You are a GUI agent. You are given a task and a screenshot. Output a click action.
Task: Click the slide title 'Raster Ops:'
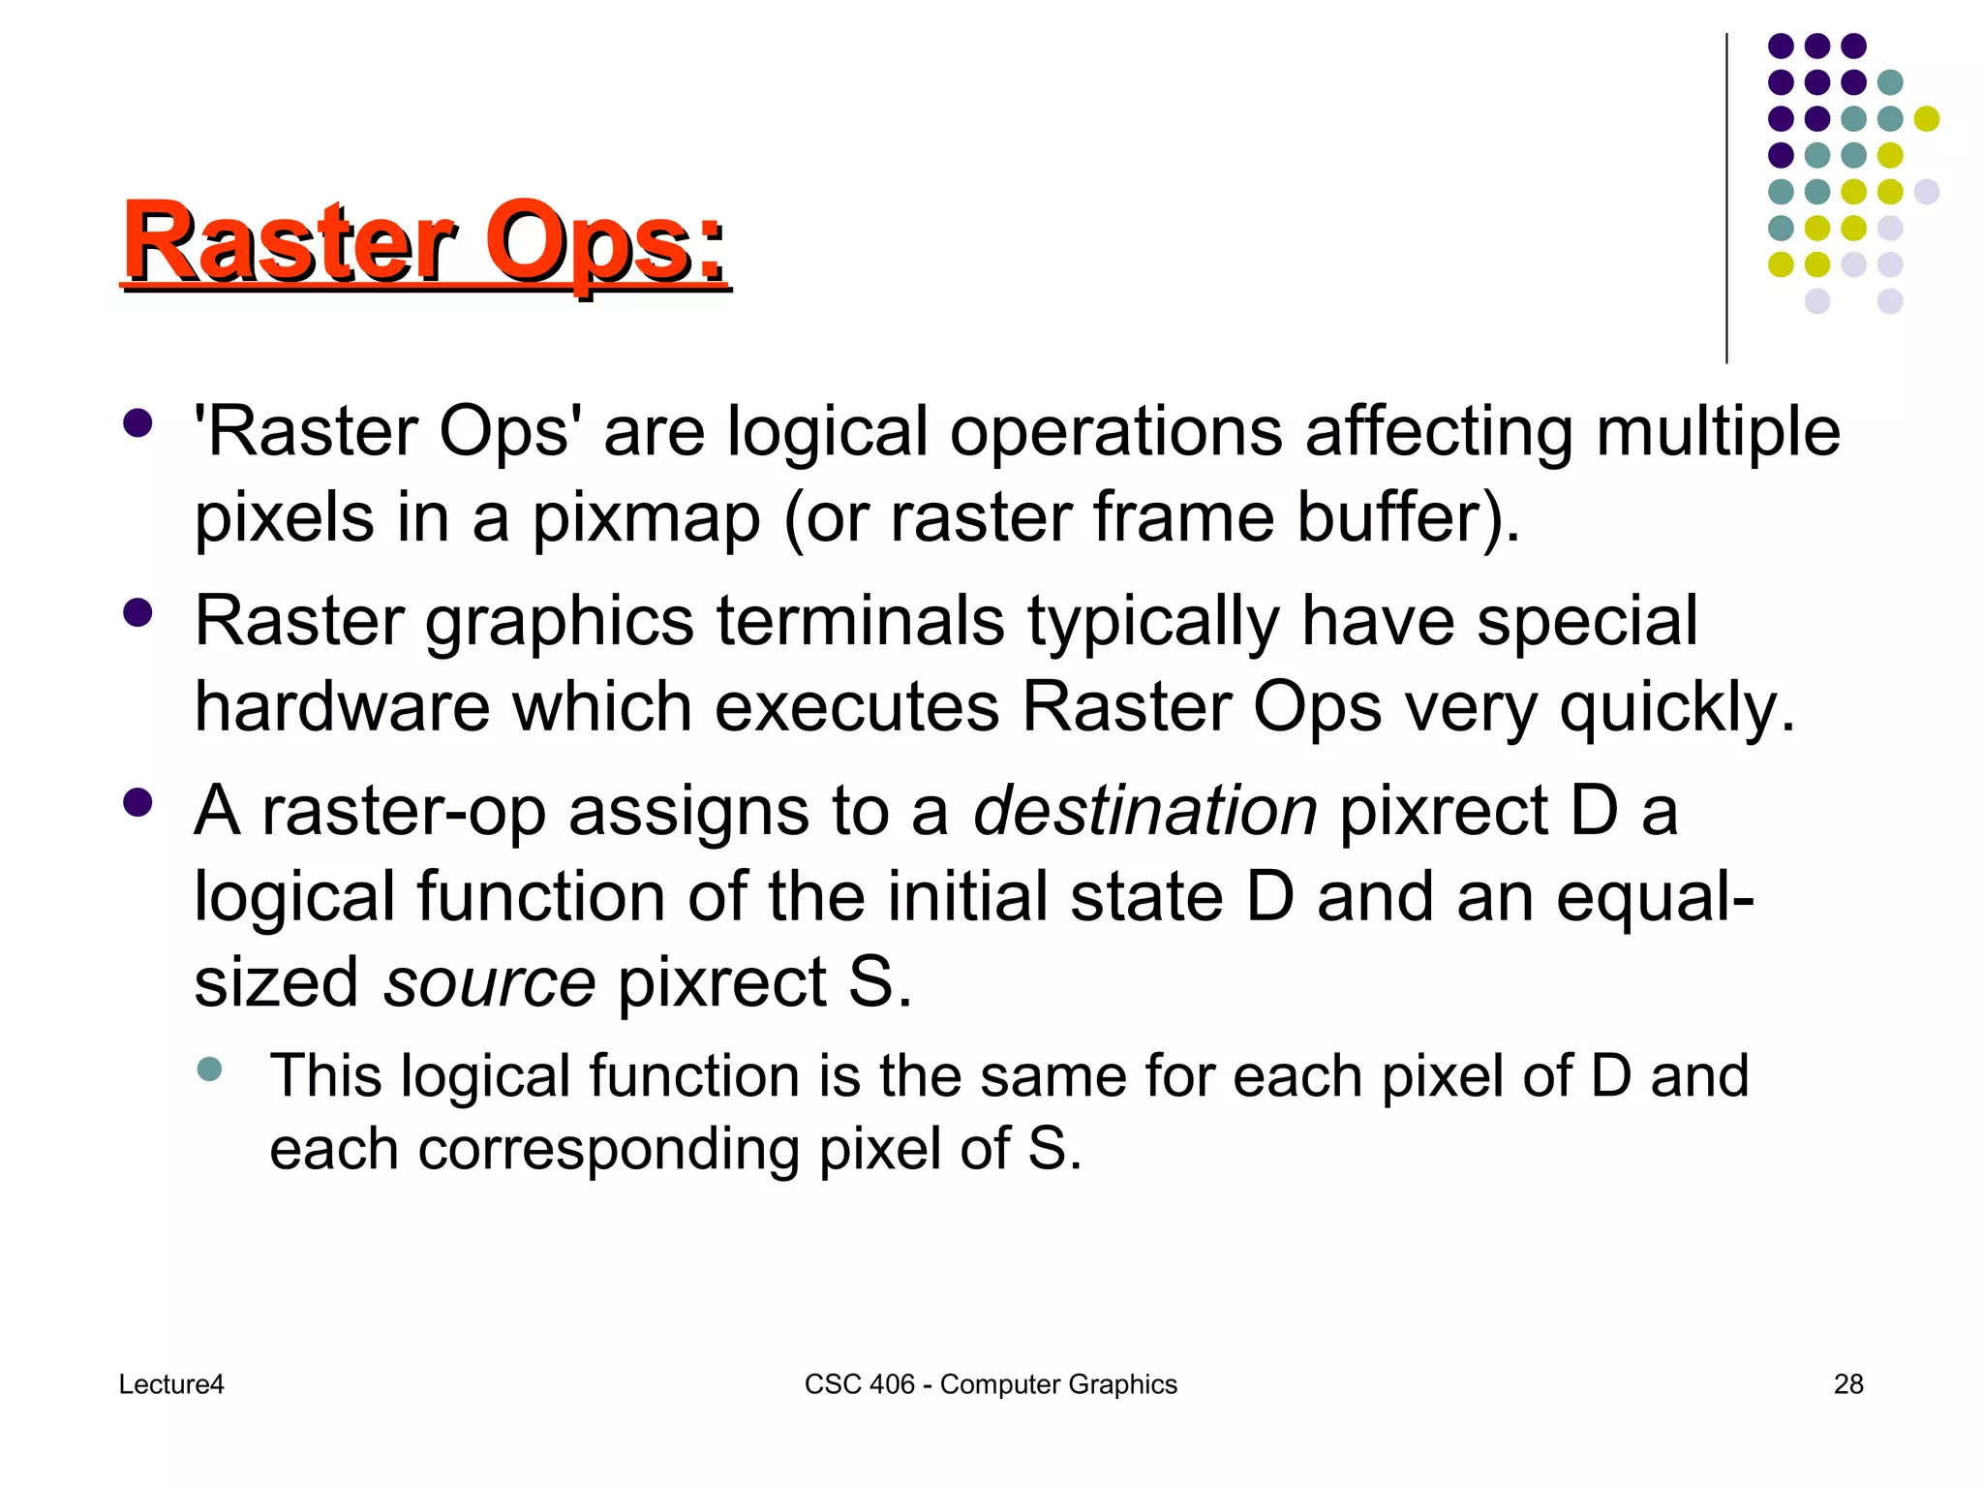[x=425, y=241]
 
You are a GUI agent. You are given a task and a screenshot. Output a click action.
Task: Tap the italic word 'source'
[x=489, y=982]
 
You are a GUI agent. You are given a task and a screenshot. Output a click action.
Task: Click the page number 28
[x=1848, y=1384]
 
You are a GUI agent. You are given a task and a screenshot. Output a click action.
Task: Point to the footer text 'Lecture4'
[x=171, y=1384]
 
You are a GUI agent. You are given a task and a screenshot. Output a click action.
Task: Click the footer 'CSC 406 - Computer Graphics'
[x=991, y=1384]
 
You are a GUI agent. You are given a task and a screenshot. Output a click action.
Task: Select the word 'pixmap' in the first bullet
[x=646, y=518]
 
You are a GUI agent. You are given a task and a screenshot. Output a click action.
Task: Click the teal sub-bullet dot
[x=209, y=1069]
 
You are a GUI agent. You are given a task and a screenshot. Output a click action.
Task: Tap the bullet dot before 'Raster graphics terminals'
[x=138, y=613]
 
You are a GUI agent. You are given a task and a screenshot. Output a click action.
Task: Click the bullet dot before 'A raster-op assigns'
[x=138, y=803]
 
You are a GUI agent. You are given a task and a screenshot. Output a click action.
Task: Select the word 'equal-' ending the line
[x=1655, y=897]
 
